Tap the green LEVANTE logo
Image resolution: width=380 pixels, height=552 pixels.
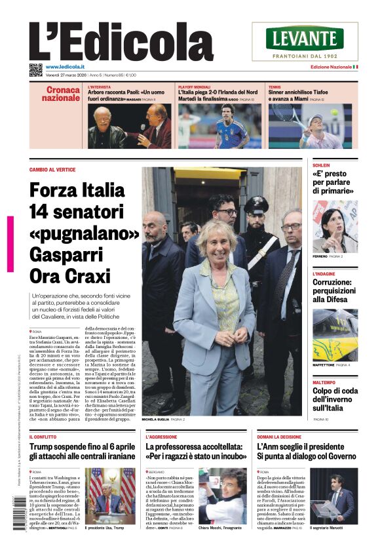point(305,39)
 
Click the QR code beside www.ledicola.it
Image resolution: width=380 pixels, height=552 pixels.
point(35,69)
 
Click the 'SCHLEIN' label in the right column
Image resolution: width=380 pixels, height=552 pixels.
point(321,165)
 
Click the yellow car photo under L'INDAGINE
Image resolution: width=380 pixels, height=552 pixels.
point(335,334)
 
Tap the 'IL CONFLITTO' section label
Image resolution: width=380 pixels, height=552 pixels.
point(43,436)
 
